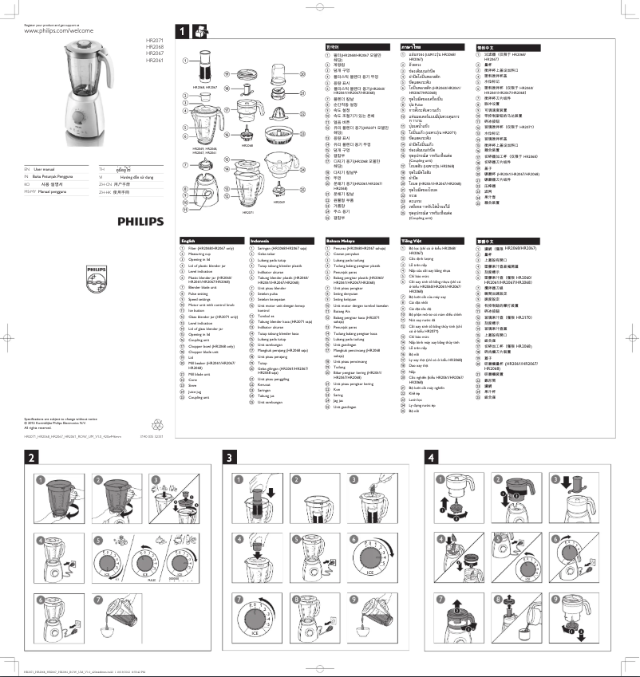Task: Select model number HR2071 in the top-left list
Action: click(154, 40)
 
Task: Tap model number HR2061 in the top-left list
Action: click(154, 60)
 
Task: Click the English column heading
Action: click(188, 240)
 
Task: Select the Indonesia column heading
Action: click(260, 240)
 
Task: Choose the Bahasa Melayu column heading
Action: click(342, 240)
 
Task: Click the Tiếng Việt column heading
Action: click(412, 240)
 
